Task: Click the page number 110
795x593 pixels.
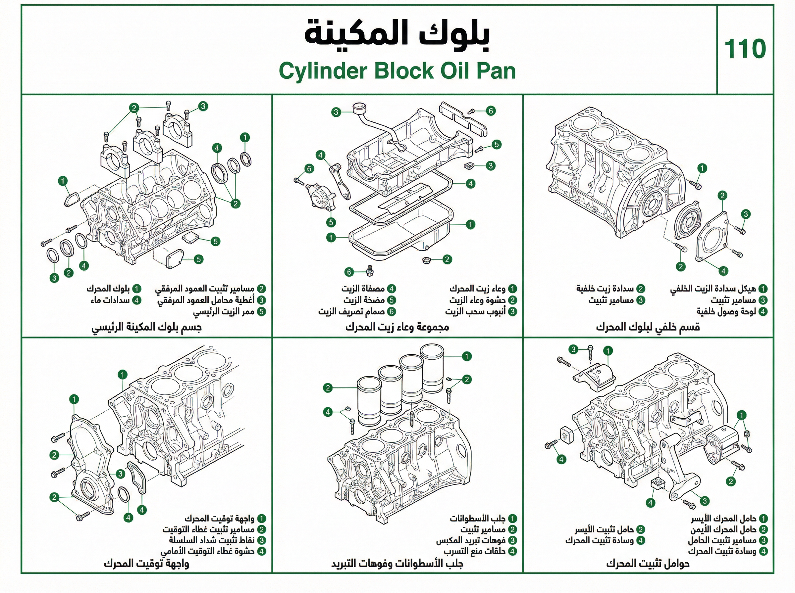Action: click(745, 49)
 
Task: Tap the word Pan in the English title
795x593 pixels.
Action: click(496, 71)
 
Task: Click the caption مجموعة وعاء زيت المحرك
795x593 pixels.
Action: click(397, 327)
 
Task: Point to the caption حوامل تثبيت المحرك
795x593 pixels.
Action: click(648, 564)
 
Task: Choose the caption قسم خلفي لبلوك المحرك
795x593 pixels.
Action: click(648, 327)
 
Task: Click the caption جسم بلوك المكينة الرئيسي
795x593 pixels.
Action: click(146, 327)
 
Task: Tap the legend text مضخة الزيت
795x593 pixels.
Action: click(364, 300)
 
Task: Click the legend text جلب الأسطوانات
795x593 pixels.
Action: click(477, 519)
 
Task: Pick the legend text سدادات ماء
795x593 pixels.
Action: click(110, 300)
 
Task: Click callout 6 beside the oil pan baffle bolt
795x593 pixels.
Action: click(491, 111)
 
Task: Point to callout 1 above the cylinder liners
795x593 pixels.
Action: click(466, 356)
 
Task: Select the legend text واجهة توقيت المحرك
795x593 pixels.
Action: click(220, 519)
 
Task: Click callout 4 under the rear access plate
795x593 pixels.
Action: click(723, 271)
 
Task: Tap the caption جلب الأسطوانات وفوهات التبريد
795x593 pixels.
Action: click(397, 564)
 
